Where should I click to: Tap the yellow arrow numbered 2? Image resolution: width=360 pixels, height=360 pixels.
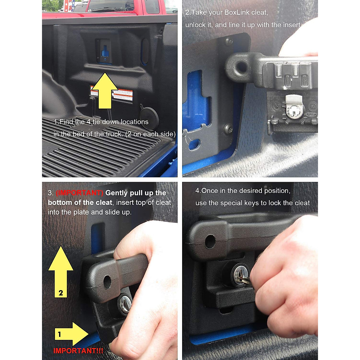[61, 273]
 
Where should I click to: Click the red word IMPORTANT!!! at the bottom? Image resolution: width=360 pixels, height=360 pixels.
[78, 351]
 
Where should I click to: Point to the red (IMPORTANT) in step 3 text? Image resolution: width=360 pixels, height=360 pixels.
[79, 193]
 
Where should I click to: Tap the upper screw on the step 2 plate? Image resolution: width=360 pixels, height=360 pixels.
[229, 41]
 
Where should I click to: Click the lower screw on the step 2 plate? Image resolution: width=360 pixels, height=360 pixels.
[229, 129]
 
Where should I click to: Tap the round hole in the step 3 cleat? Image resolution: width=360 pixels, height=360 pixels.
[107, 282]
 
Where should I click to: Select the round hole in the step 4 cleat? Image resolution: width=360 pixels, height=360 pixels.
[210, 241]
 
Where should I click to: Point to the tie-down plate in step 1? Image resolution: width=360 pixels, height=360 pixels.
[104, 51]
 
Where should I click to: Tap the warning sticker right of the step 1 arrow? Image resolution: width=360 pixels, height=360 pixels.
[123, 95]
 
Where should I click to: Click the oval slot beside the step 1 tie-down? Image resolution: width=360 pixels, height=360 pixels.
[145, 51]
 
